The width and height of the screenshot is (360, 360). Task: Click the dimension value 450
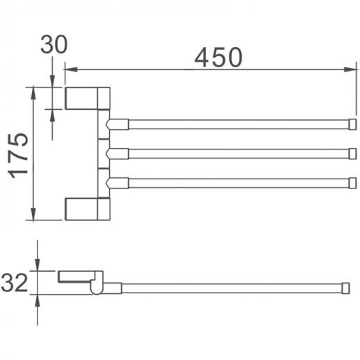coord(218,57)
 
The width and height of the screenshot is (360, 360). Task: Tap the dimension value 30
coord(54,44)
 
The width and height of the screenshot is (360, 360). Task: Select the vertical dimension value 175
coord(18,156)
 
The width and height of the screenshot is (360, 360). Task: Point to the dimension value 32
coord(14,282)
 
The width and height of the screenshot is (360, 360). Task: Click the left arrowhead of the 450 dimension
coord(71,69)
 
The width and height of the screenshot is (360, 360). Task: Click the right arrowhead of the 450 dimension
coord(350,69)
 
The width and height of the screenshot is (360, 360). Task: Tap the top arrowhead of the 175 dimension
coord(33,92)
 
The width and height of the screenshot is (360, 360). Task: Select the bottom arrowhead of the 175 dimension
coord(33,214)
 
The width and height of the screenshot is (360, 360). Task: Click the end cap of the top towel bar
coord(352,124)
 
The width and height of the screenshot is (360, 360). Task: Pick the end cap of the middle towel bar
coord(352,154)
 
